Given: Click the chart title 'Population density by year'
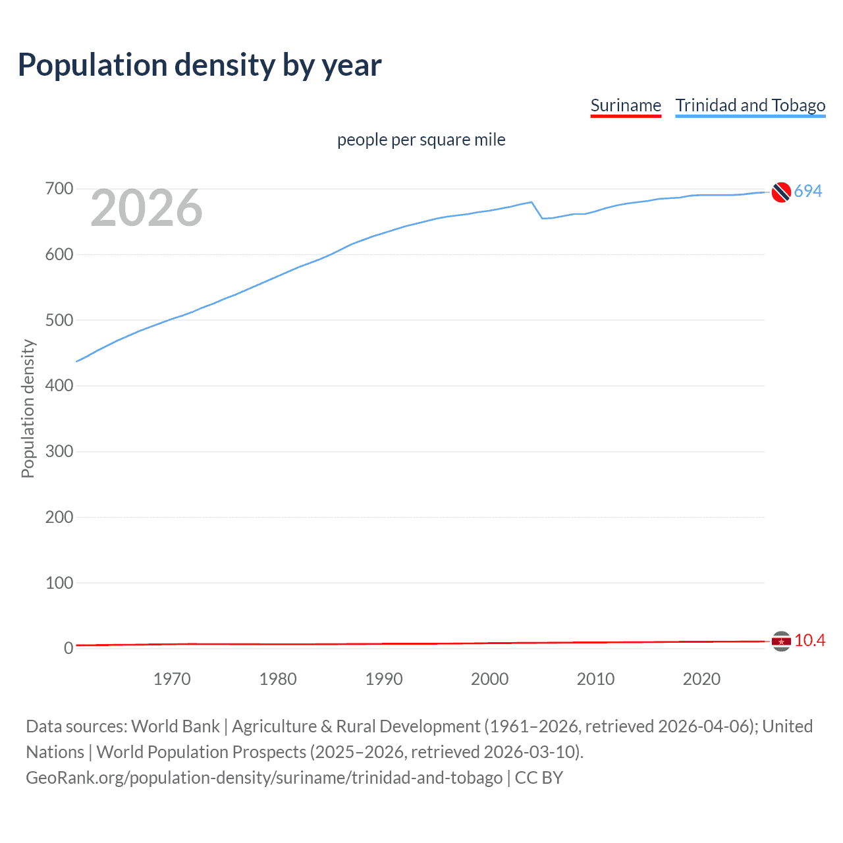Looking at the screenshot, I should pyautogui.click(x=200, y=65).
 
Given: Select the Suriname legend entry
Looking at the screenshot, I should pyautogui.click(x=625, y=105).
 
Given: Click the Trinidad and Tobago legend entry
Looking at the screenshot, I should pyautogui.click(x=750, y=105).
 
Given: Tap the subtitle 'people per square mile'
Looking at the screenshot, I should pyautogui.click(x=421, y=140).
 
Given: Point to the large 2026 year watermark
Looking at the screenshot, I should pyautogui.click(x=146, y=208).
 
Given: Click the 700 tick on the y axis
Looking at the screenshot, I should pyautogui.click(x=59, y=189).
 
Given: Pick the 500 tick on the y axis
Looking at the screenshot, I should pyautogui.click(x=59, y=320).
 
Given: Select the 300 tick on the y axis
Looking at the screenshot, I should pyautogui.click(x=59, y=451).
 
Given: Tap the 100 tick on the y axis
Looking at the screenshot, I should pyautogui.click(x=59, y=583).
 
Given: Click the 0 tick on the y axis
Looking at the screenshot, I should pyautogui.click(x=68, y=648).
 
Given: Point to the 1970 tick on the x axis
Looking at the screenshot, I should pyautogui.click(x=172, y=679).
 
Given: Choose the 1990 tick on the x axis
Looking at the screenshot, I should pyautogui.click(x=384, y=679).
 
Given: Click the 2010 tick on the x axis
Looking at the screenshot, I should pyautogui.click(x=595, y=679).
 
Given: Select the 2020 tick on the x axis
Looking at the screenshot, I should pyautogui.click(x=701, y=679).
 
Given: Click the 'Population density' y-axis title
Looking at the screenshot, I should pyautogui.click(x=28, y=408).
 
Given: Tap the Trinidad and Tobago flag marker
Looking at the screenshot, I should pyautogui.click(x=781, y=192).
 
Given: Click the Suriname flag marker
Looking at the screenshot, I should pyautogui.click(x=781, y=641).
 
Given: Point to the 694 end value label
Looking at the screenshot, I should pyautogui.click(x=808, y=191).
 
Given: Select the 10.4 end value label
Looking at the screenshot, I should pyautogui.click(x=809, y=640).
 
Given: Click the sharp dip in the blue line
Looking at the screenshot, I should pyautogui.click(x=542, y=217).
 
